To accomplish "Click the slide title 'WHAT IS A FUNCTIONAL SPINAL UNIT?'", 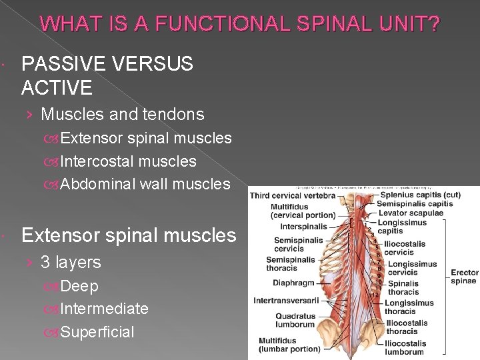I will click(x=240, y=25).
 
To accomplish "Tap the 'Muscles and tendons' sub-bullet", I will click(x=122, y=115).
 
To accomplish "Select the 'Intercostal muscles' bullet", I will click(x=128, y=161).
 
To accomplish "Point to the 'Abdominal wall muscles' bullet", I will click(x=145, y=184).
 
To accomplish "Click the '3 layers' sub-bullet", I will click(x=71, y=263).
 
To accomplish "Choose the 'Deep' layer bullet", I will click(x=79, y=286).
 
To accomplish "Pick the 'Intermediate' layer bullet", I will click(x=104, y=309).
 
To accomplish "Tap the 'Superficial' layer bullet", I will click(x=97, y=332).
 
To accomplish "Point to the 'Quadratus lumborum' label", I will click(x=295, y=321).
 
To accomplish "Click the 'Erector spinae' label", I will click(x=465, y=277).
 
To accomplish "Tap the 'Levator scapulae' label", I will click(x=410, y=213).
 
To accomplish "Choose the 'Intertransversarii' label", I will click(x=286, y=301).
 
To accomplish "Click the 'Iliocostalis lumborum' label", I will click(x=404, y=348).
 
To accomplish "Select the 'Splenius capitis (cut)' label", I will click(x=420, y=195).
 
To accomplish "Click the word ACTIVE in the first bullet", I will click(x=57, y=87).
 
